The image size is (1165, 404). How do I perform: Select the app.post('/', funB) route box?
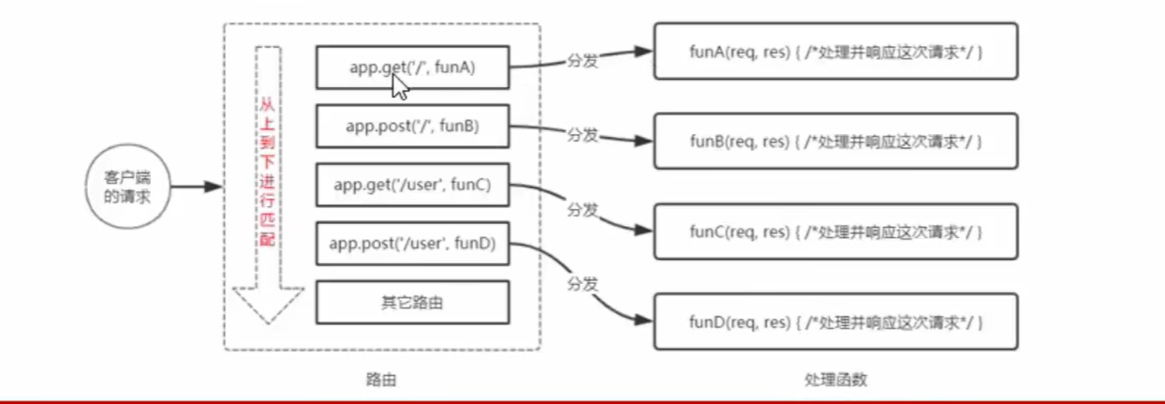(412, 126)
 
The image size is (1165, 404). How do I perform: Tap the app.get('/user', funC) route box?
(412, 185)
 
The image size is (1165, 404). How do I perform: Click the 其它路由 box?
(412, 303)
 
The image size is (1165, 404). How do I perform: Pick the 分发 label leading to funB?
(582, 134)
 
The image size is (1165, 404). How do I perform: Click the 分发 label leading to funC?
(582, 211)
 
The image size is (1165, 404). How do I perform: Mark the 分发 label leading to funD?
(582, 281)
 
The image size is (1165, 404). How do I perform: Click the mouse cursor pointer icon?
(400, 87)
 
